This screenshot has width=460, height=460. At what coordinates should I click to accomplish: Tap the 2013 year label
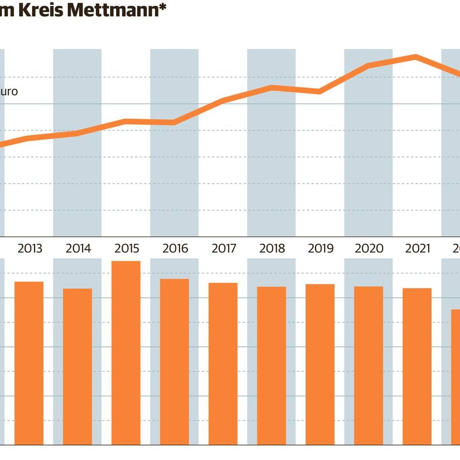(30, 249)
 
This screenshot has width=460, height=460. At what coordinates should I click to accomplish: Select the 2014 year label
(78, 249)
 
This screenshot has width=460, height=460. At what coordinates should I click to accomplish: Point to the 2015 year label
(126, 249)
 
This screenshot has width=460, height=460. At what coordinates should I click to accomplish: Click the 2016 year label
(175, 249)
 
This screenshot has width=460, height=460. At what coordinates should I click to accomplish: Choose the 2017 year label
(223, 249)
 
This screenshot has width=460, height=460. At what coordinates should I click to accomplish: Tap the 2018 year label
(272, 249)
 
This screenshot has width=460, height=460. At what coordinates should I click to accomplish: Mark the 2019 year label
(320, 249)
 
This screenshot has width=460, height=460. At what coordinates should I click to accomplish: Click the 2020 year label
(369, 249)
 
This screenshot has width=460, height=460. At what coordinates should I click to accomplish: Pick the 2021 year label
(417, 249)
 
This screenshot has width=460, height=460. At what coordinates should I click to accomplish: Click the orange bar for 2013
(29, 363)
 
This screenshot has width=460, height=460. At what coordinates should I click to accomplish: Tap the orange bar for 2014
(77, 366)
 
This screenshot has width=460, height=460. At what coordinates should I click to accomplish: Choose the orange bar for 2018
(272, 365)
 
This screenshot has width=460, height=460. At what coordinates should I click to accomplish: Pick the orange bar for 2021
(417, 366)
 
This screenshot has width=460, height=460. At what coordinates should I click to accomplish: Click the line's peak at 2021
(416, 57)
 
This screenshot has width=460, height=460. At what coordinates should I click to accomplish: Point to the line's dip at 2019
(320, 91)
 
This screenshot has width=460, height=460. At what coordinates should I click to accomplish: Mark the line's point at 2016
(174, 122)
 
